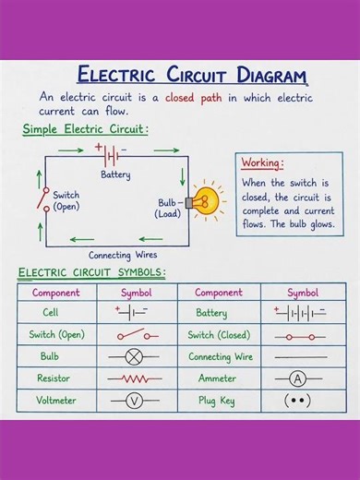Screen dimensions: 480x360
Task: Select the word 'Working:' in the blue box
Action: pos(262,163)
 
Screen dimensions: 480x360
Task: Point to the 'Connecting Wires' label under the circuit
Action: pos(123,255)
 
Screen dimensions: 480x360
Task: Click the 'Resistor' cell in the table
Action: pos(54,378)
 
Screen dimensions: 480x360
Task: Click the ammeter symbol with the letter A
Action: pos(299,378)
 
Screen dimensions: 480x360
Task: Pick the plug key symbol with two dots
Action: pos(299,401)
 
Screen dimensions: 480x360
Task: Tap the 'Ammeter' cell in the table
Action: pos(218,378)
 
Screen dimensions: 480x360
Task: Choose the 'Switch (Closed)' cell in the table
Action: pos(219,335)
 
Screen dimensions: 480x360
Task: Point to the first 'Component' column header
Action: pos(56,293)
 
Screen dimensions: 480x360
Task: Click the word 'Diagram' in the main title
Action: pos(261,75)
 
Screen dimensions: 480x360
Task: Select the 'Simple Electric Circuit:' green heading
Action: pos(85,130)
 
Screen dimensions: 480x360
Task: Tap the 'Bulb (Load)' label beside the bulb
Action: pos(168,208)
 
